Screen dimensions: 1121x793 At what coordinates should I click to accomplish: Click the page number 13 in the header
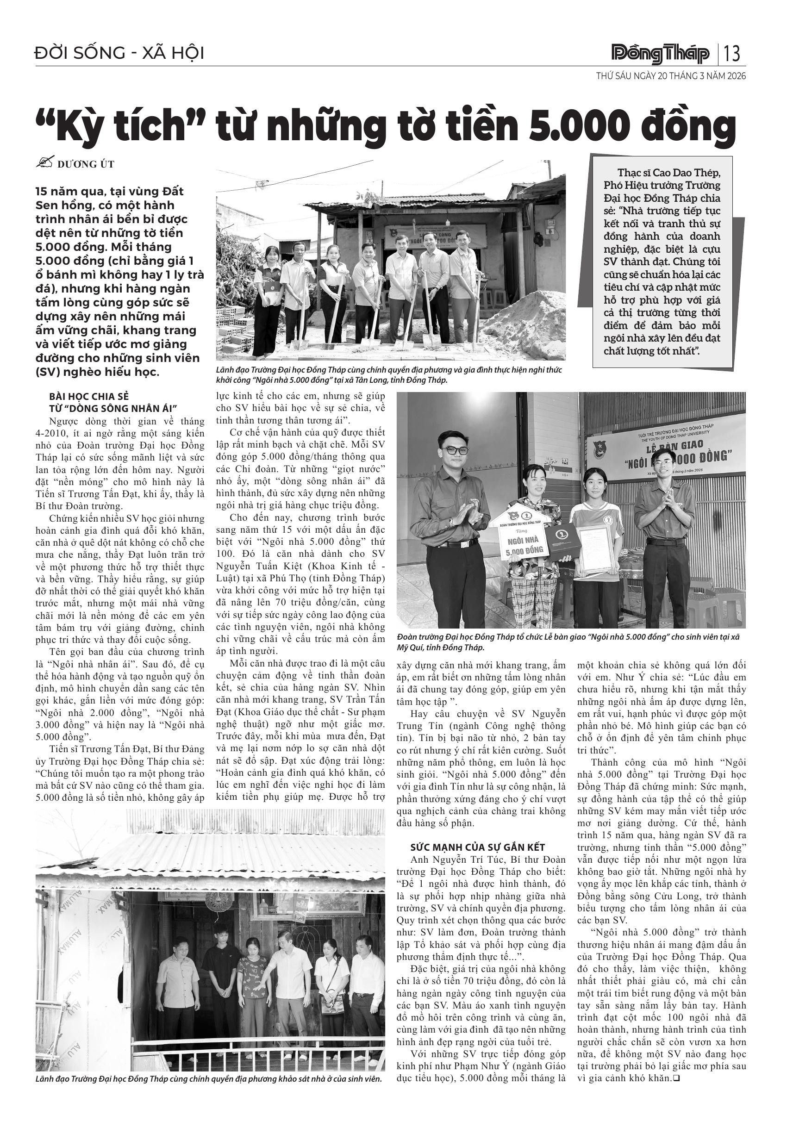click(x=732, y=53)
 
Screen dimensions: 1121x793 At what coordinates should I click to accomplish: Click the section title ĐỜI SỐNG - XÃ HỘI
click(x=119, y=53)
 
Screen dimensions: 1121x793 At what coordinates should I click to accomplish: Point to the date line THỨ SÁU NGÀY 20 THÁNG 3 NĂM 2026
click(x=671, y=77)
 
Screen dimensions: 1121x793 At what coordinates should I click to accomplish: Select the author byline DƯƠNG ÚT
click(x=86, y=164)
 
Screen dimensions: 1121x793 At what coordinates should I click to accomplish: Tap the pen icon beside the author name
click(x=44, y=162)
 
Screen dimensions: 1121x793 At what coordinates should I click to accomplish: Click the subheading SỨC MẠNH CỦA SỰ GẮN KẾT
click(x=477, y=847)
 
